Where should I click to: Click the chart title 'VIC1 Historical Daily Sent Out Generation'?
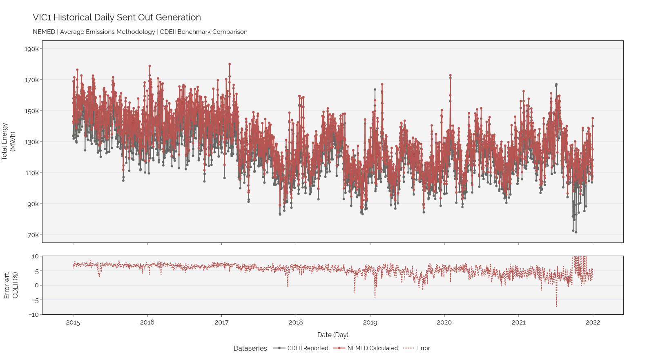117,18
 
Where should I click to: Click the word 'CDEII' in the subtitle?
167,32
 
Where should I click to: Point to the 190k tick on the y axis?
31,49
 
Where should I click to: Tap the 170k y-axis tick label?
31,80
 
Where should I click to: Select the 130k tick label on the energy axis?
31,142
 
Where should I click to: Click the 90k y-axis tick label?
33,204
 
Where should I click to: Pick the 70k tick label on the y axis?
33,235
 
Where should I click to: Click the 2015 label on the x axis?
73,322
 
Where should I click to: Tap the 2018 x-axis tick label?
296,322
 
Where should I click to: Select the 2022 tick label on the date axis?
593,322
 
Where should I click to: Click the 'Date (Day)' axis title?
332,335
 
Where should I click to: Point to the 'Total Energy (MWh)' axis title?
8,142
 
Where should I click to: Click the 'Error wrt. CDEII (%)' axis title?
11,285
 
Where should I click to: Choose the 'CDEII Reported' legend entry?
301,348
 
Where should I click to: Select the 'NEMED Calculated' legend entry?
366,348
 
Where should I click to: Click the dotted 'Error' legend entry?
417,348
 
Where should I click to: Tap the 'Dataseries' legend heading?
250,348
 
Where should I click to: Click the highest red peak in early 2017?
230,64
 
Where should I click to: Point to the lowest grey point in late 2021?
576,232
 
